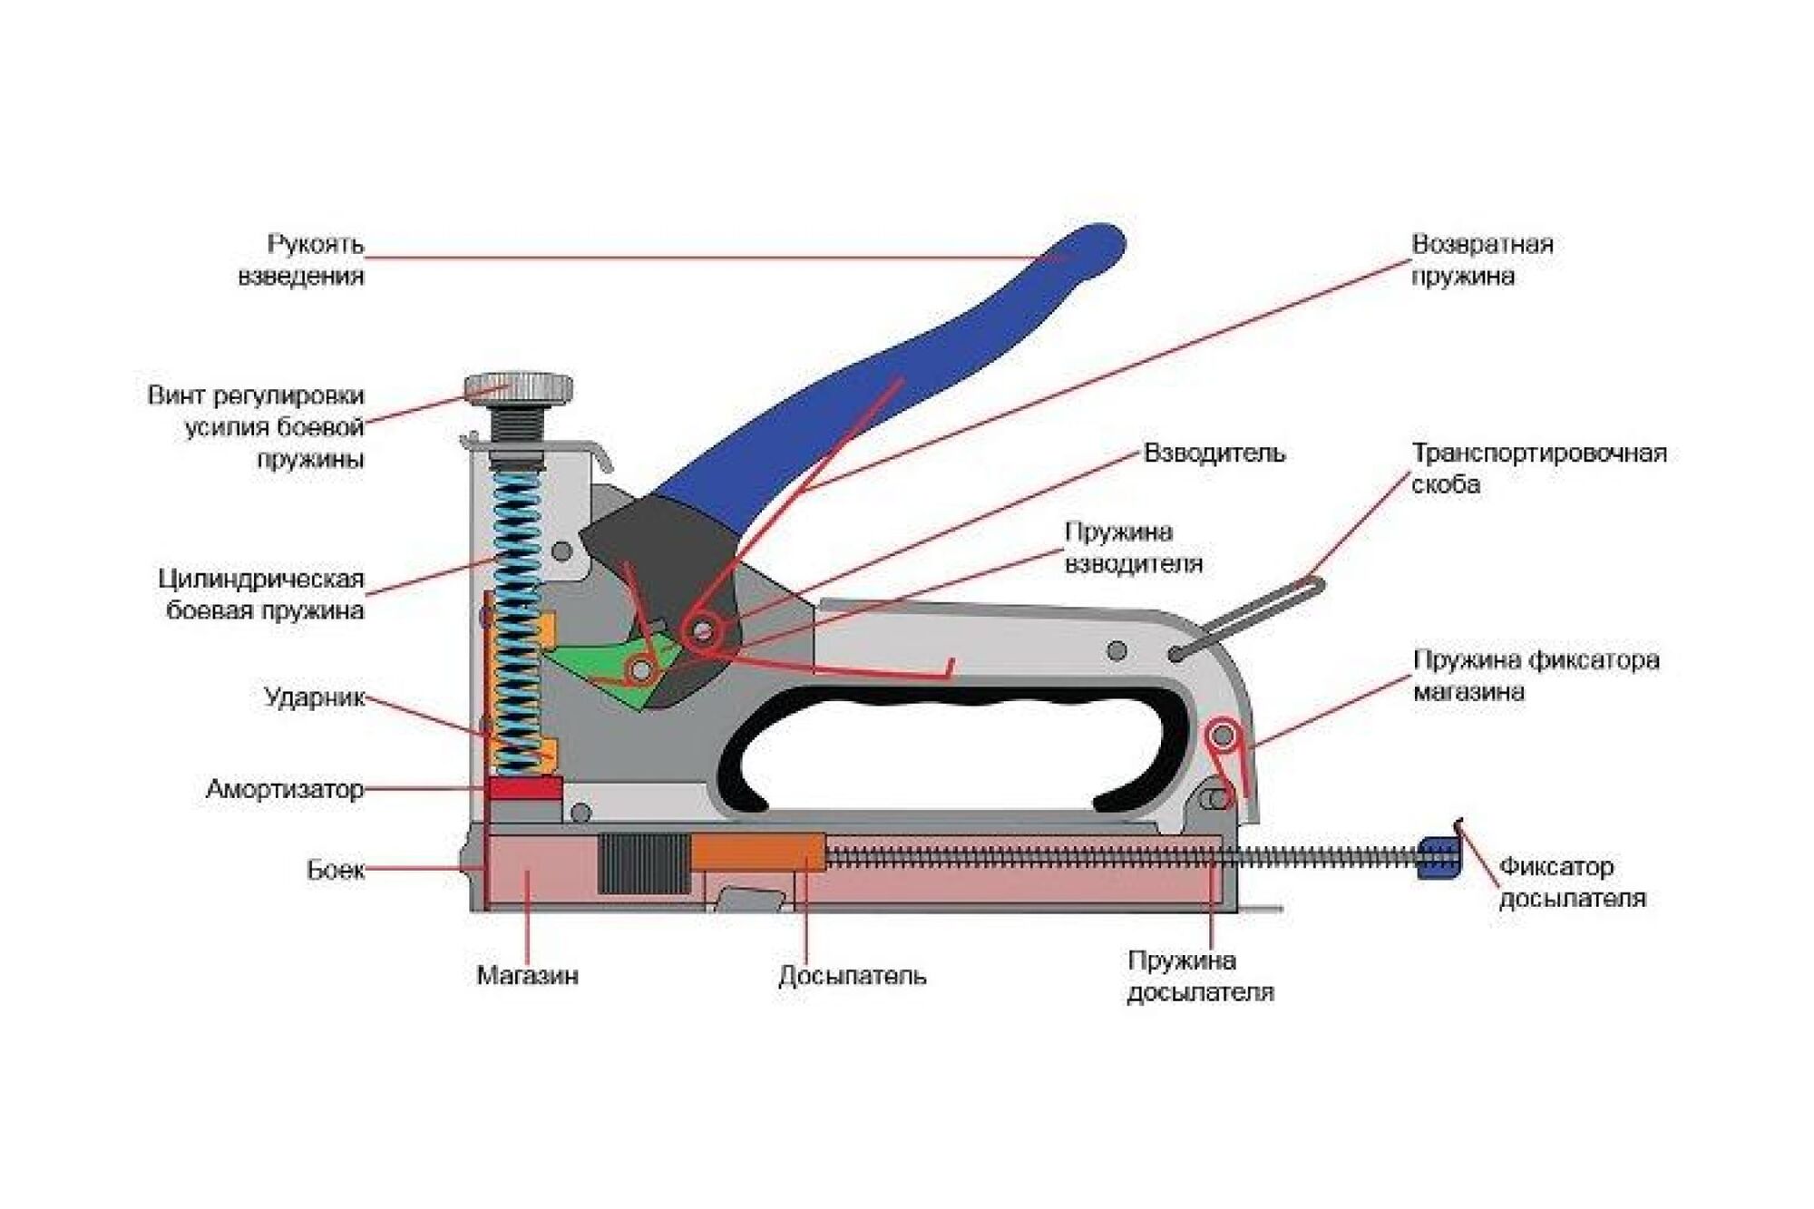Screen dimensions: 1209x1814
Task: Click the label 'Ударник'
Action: point(314,697)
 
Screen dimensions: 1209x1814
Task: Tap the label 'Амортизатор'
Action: point(284,789)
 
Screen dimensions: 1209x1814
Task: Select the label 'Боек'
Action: point(335,871)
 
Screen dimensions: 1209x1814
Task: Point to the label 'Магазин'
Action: point(527,976)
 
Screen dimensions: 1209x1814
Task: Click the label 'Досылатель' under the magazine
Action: point(852,976)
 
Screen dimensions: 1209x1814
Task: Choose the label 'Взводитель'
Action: point(1214,453)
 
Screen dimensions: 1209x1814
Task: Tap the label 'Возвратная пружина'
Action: point(1481,259)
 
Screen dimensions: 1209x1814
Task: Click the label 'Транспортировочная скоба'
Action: point(1538,468)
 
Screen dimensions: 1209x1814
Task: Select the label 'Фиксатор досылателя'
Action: point(1571,882)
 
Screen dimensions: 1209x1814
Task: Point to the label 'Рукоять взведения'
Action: point(301,259)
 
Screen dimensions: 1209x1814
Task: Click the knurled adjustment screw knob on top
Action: point(518,387)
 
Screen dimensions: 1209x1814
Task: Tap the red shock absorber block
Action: point(524,787)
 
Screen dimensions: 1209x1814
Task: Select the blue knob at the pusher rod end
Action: point(1439,858)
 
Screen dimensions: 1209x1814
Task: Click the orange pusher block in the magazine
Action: point(758,853)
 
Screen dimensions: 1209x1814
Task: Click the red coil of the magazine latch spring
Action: point(1223,733)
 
